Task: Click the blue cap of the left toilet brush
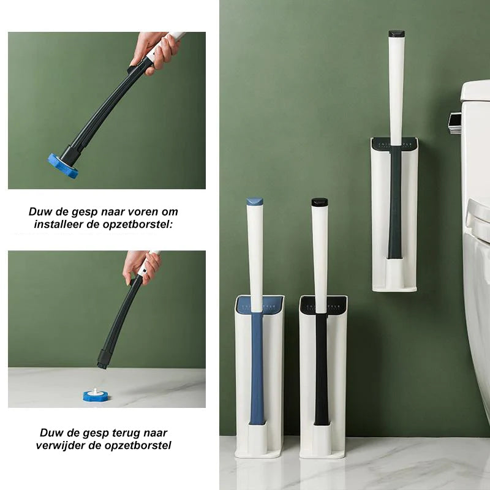pyautogui.click(x=255, y=202)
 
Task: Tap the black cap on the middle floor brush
pyautogui.click(x=319, y=202)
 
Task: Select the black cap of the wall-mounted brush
pyautogui.click(x=396, y=34)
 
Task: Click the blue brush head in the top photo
pyautogui.click(x=62, y=165)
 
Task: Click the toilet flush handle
pyautogui.click(x=454, y=123)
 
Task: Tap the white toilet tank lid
pyautogui.click(x=475, y=91)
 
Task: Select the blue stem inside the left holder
pyautogui.click(x=257, y=367)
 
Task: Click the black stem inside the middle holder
pyautogui.click(x=321, y=367)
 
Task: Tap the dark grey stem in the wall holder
pyautogui.click(x=395, y=202)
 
